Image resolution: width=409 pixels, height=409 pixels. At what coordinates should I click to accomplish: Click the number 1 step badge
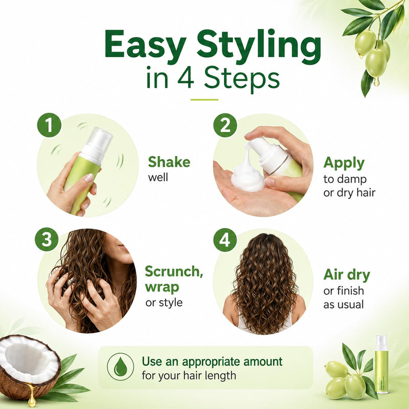49,125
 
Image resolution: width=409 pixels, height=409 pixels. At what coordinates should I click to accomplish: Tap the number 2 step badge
225,125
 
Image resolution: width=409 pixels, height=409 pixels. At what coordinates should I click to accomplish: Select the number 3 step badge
47,239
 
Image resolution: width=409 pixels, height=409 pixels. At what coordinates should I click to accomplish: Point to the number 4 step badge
225,240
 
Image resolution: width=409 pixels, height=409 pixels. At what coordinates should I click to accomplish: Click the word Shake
169,162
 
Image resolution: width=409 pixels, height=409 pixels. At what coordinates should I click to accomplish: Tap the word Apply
344,164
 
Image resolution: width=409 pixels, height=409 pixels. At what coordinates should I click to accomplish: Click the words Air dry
347,275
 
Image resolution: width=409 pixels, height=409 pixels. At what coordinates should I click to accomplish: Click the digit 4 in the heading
186,78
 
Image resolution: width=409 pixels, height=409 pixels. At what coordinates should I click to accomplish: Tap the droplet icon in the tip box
121,367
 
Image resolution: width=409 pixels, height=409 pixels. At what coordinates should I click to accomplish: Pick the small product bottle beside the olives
381,365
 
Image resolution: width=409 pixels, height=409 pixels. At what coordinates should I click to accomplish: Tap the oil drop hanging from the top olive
376,81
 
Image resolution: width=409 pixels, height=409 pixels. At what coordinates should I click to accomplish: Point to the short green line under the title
204,100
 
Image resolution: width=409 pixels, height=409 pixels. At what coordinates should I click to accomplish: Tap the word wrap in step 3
162,288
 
